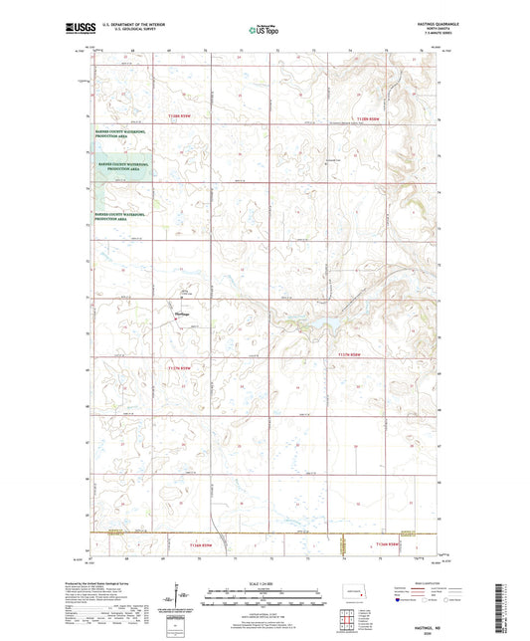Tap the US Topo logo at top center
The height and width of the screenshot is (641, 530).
tap(262, 30)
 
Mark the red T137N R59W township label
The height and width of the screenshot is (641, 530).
tap(192, 367)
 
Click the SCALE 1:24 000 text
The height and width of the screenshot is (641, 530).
tap(262, 582)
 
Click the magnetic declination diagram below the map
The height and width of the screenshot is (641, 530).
tap(182, 594)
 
